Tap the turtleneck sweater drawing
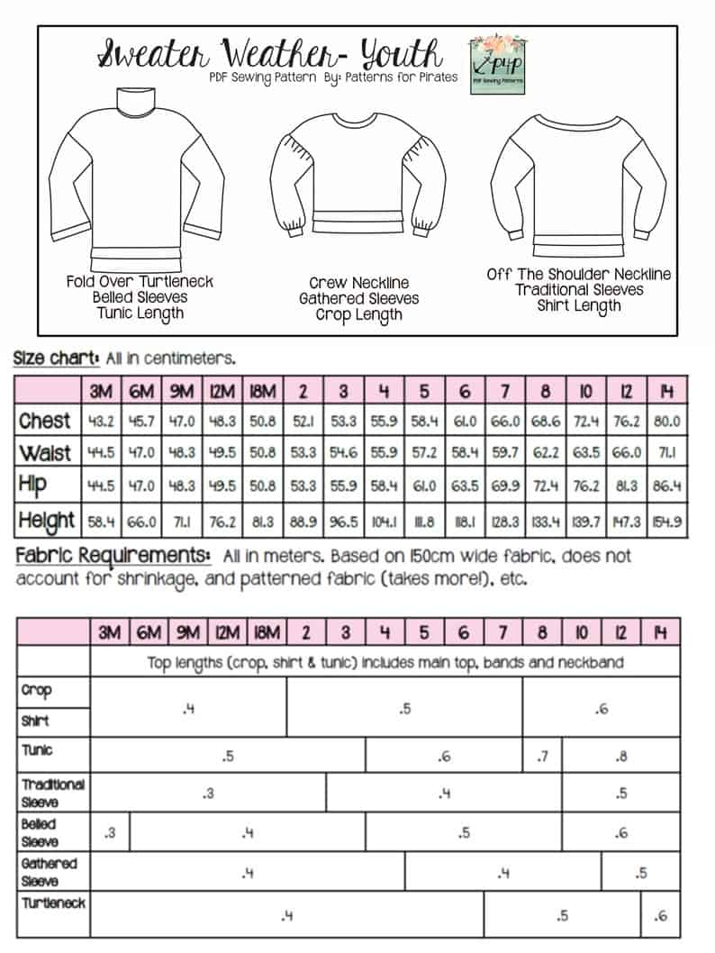point(136,179)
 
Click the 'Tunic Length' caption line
point(140,314)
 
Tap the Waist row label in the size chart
point(45,453)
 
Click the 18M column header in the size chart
point(264,392)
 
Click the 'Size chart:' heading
point(55,358)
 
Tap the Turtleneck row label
point(52,902)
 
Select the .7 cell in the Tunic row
point(542,757)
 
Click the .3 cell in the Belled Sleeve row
point(109,833)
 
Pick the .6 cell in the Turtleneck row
point(661,916)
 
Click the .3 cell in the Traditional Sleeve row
point(208,794)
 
